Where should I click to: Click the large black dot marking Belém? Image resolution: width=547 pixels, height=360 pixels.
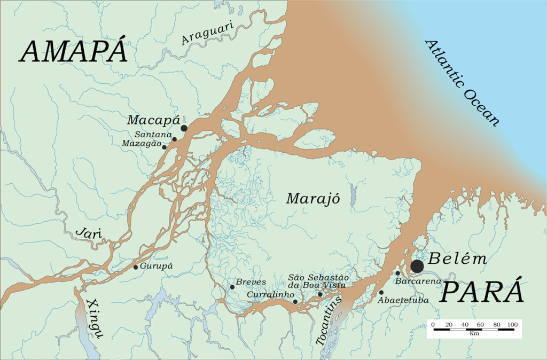pyautogui.click(x=417, y=266)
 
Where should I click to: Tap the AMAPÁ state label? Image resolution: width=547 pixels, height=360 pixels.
pyautogui.click(x=74, y=52)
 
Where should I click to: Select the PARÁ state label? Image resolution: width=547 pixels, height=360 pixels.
pyautogui.click(x=482, y=293)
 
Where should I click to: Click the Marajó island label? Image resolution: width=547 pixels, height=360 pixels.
pyautogui.click(x=313, y=199)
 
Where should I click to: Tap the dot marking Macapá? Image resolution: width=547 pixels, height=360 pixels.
pyautogui.click(x=184, y=128)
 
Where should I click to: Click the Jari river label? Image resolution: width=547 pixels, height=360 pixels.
pyautogui.click(x=89, y=233)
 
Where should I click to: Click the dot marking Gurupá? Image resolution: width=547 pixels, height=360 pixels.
pyautogui.click(x=136, y=267)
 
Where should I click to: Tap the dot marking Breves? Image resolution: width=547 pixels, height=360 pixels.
pyautogui.click(x=232, y=287)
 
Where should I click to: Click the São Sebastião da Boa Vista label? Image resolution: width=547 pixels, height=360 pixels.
pyautogui.click(x=318, y=281)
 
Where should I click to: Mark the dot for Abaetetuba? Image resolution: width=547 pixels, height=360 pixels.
pyautogui.click(x=381, y=292)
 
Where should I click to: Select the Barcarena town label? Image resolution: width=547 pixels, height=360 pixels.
pyautogui.click(x=417, y=281)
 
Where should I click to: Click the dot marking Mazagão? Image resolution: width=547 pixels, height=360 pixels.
pyautogui.click(x=164, y=147)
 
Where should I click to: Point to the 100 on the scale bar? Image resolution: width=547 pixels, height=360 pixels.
pyautogui.click(x=512, y=324)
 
